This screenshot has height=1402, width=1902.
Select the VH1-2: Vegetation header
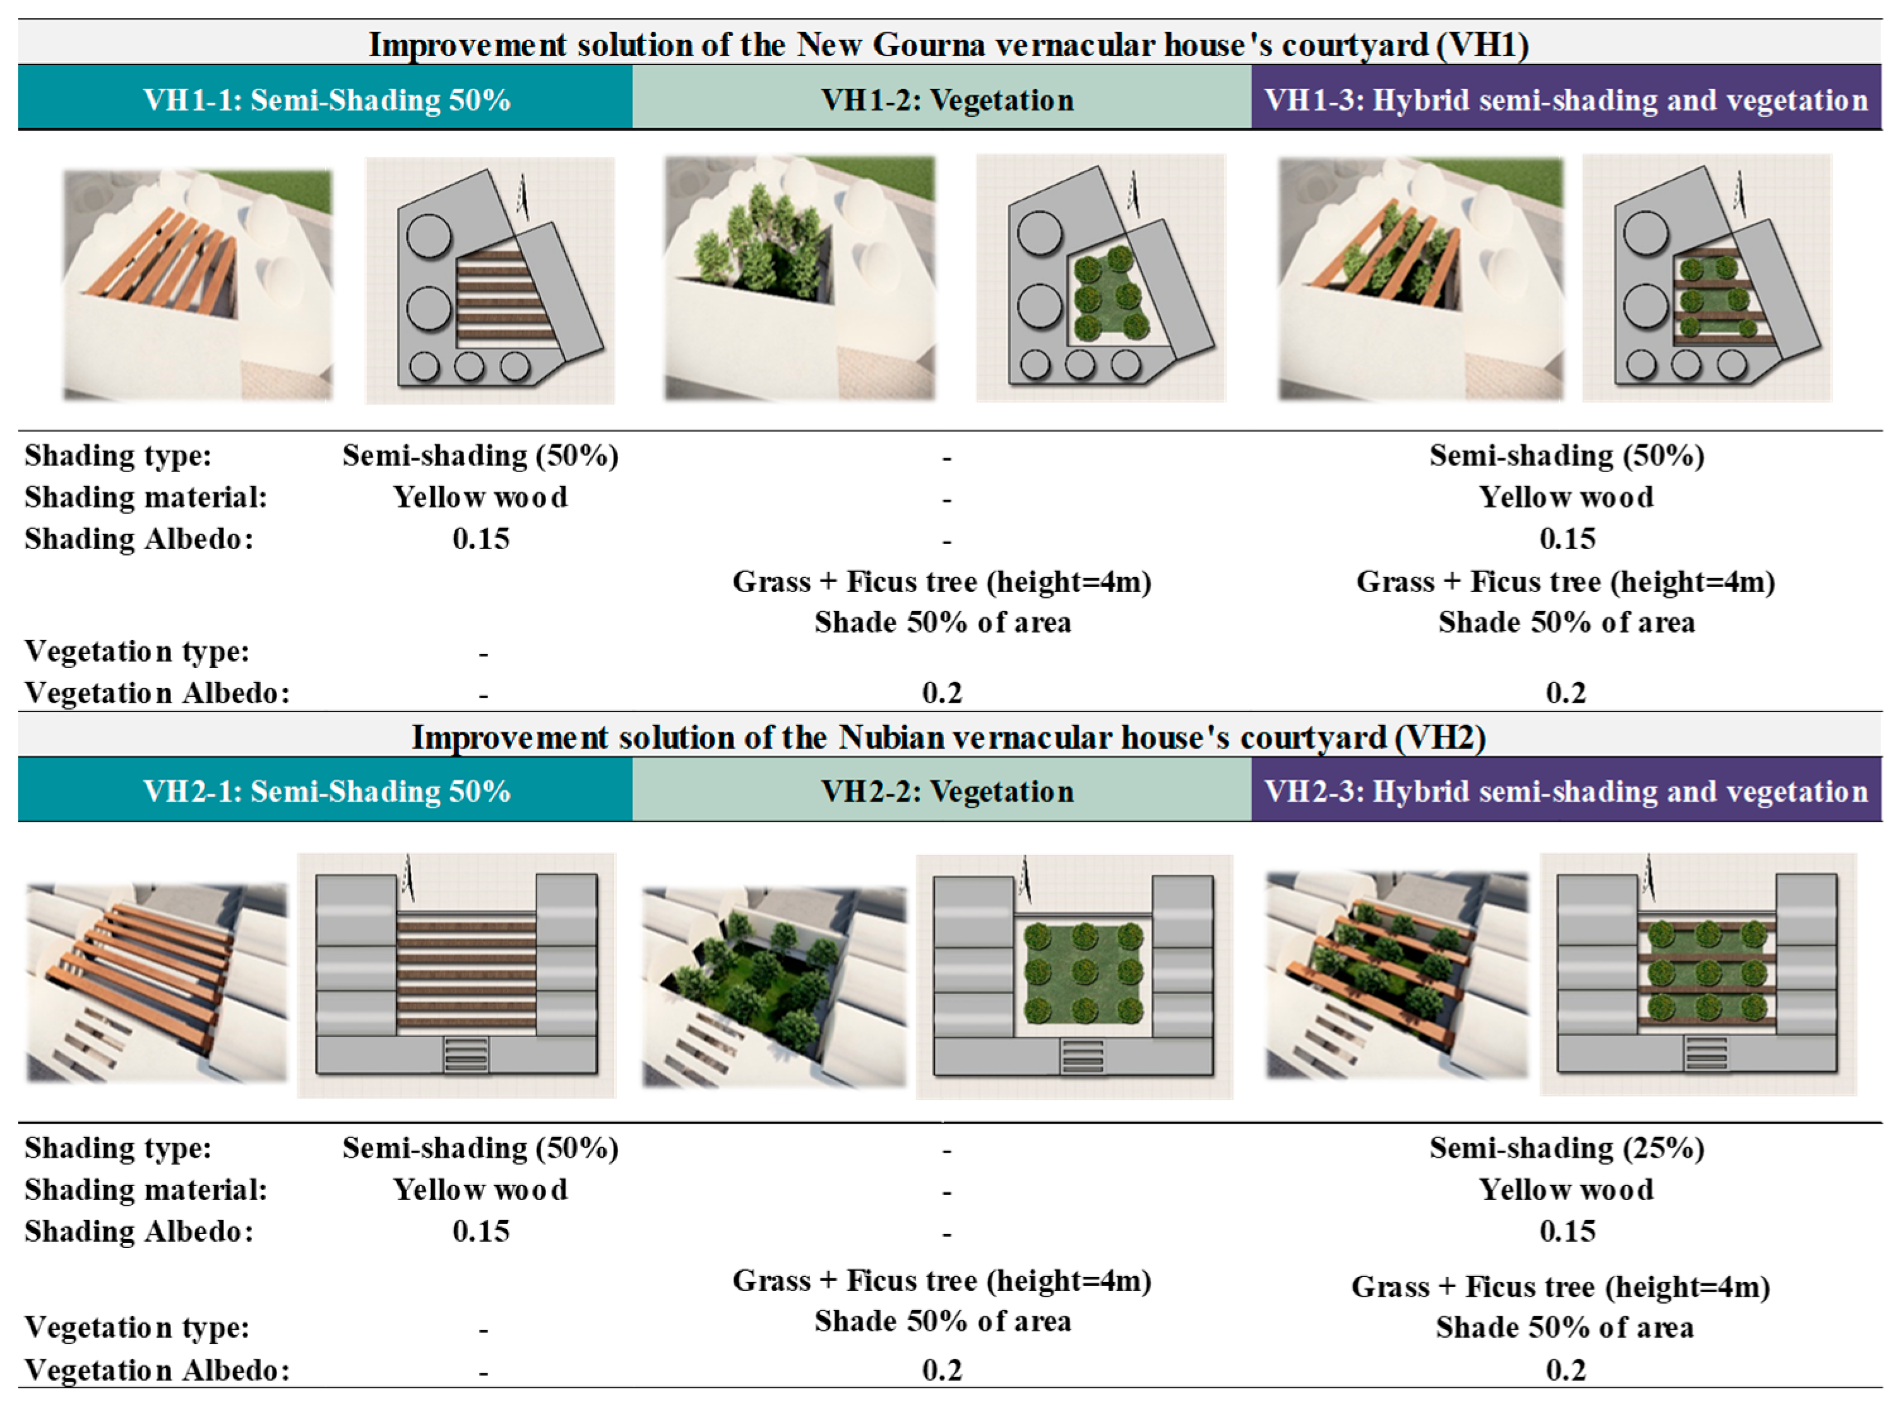946,100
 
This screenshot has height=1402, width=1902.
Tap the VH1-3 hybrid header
1566,100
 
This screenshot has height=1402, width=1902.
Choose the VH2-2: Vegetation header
946,792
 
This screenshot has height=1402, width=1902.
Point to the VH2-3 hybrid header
1566,792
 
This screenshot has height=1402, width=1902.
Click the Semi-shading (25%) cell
1566,1148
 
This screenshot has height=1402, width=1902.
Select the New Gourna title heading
948,44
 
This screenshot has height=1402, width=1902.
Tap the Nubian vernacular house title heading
948,737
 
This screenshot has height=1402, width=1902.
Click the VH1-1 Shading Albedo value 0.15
480,539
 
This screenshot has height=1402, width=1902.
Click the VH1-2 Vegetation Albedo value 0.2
942,693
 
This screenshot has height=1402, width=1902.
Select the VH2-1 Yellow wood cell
480,1190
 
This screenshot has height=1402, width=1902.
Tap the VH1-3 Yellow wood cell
1566,497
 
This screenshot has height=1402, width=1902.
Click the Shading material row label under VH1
145,497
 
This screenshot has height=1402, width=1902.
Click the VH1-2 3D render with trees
800,278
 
